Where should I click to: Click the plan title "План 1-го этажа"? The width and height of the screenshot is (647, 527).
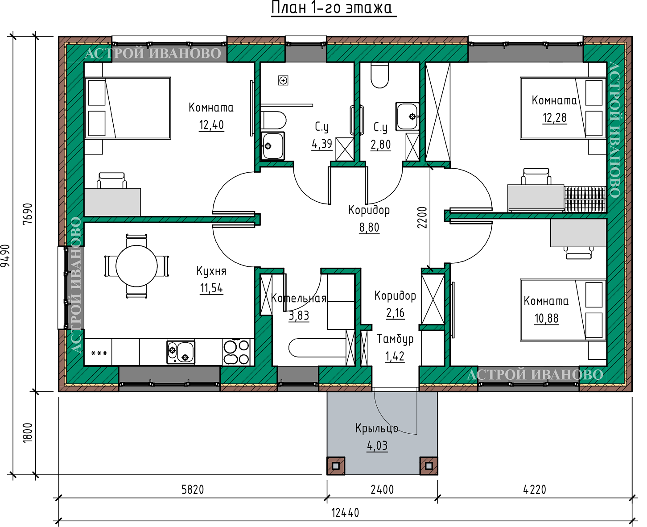(x=333, y=7)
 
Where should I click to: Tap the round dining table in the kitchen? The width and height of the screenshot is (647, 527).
(x=136, y=266)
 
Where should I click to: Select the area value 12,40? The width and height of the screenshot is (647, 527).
(x=211, y=125)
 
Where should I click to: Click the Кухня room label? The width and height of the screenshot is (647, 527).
(x=211, y=270)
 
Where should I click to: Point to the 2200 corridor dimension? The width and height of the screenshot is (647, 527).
(x=422, y=217)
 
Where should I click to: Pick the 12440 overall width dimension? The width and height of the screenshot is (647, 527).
(x=345, y=513)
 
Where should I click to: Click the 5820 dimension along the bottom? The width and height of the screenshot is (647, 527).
(x=193, y=490)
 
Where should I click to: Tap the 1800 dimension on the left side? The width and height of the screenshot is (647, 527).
(x=27, y=432)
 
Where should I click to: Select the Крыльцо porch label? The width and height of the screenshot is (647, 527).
(x=377, y=428)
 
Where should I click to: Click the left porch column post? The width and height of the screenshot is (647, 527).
(x=336, y=465)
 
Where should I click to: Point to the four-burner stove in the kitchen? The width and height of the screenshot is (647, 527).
(x=237, y=352)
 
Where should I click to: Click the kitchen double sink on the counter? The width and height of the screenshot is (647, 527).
(x=181, y=352)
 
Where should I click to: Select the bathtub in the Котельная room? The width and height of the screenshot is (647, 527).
(x=317, y=347)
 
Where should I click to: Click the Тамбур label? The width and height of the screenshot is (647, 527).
(x=395, y=339)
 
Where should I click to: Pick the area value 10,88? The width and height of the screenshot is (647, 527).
(x=547, y=318)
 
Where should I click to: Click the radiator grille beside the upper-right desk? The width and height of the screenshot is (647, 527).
(x=585, y=199)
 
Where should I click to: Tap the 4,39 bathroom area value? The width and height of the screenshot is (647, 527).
(x=322, y=144)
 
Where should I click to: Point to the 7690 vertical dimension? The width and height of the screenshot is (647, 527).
(x=27, y=214)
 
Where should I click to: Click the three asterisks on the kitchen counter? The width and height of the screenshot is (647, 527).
(x=99, y=353)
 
